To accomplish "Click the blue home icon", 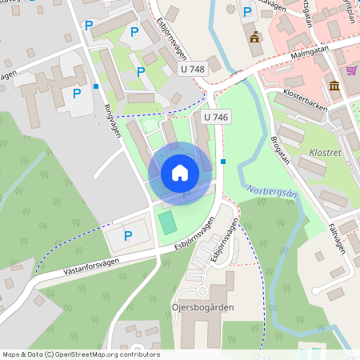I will click(x=180, y=172).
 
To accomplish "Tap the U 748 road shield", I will click(x=192, y=70).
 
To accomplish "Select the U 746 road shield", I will click(x=216, y=117).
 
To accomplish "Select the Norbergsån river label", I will click(x=272, y=194).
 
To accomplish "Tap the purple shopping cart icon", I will click(x=351, y=70).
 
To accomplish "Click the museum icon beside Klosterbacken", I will click(x=334, y=86).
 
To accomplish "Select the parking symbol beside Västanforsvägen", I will click(x=127, y=236).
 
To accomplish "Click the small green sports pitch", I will click(x=166, y=222).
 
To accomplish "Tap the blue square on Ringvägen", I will click(x=96, y=86).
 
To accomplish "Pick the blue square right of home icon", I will click(x=223, y=162).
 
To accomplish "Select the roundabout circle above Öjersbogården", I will click(x=202, y=292).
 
